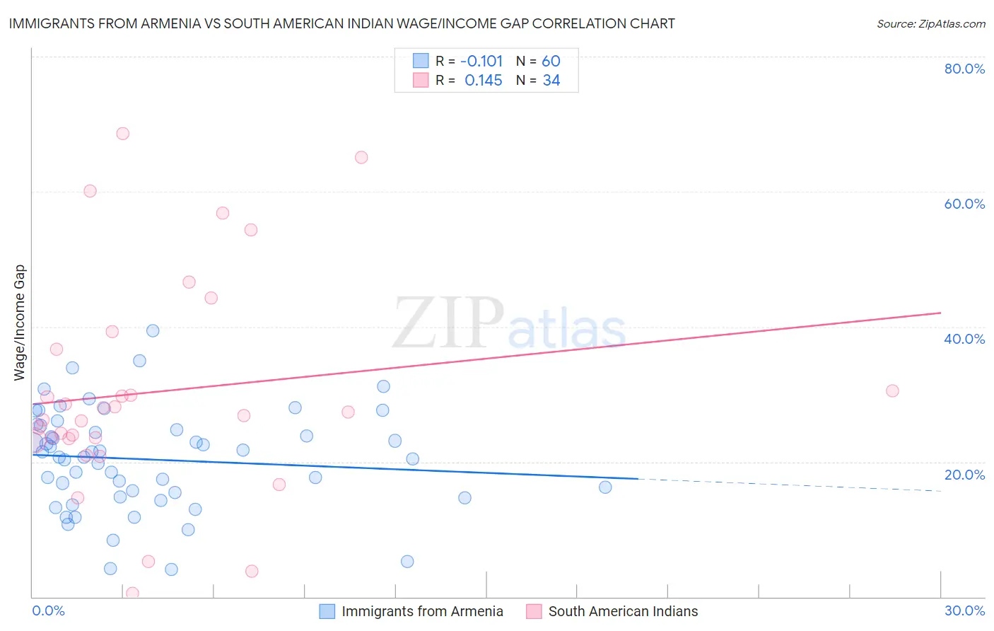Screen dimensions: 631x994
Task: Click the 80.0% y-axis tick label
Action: (x=964, y=69)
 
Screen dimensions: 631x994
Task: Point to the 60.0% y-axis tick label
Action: (x=964, y=204)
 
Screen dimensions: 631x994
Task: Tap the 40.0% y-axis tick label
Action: (x=964, y=339)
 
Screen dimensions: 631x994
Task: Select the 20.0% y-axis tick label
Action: (x=964, y=474)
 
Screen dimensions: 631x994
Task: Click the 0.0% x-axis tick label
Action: (x=48, y=610)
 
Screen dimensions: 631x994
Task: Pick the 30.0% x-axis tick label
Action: (x=964, y=610)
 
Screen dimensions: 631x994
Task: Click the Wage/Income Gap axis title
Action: (x=19, y=323)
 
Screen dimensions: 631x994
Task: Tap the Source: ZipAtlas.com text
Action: (x=930, y=23)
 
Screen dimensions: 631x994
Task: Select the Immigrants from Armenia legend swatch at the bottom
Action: (x=327, y=611)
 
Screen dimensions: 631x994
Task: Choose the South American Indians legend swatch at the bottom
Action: (x=534, y=611)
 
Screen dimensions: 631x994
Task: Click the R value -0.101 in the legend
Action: (x=481, y=62)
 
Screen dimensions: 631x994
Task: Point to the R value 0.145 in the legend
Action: (x=483, y=81)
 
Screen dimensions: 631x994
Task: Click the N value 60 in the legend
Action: (x=551, y=62)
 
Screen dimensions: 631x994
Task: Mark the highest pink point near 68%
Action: (x=122, y=134)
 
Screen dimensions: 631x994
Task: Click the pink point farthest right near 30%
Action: (x=892, y=390)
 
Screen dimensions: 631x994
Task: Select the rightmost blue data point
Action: (x=605, y=487)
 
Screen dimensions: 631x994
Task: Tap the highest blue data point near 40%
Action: (x=153, y=330)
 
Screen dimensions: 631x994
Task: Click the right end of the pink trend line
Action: (x=940, y=313)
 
